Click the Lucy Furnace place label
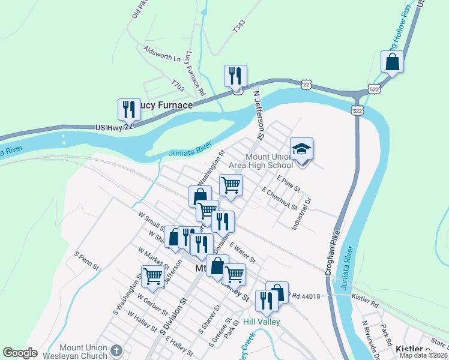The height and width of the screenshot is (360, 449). [166, 105]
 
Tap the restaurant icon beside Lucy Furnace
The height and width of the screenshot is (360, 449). [128, 109]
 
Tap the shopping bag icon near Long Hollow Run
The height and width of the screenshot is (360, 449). [392, 62]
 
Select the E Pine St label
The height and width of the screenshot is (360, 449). [289, 184]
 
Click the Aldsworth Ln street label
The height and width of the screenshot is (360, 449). [161, 53]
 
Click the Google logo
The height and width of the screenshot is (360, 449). [20, 353]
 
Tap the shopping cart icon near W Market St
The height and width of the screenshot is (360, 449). [152, 276]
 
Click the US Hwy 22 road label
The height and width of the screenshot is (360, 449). [113, 127]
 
